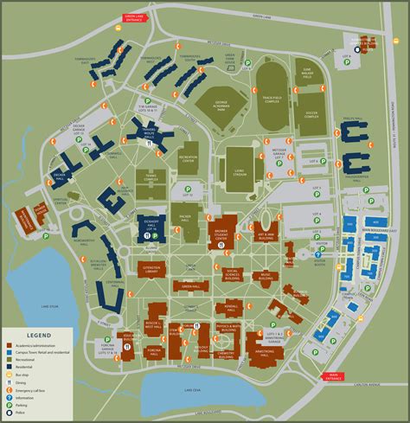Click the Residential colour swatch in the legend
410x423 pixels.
[10, 366]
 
